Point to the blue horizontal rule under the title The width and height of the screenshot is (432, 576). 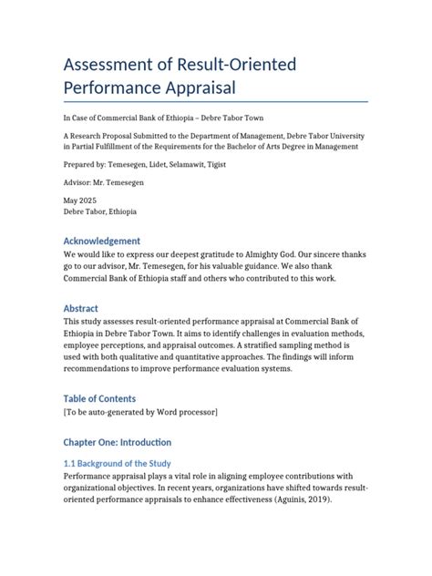pos(215,101)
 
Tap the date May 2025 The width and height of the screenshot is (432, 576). pos(78,201)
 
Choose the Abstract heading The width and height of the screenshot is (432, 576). pos(80,308)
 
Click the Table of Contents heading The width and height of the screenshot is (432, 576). pos(99,398)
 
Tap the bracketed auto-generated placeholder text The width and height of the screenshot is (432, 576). pos(140,412)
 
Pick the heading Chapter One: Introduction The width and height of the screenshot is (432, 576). pos(117,442)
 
